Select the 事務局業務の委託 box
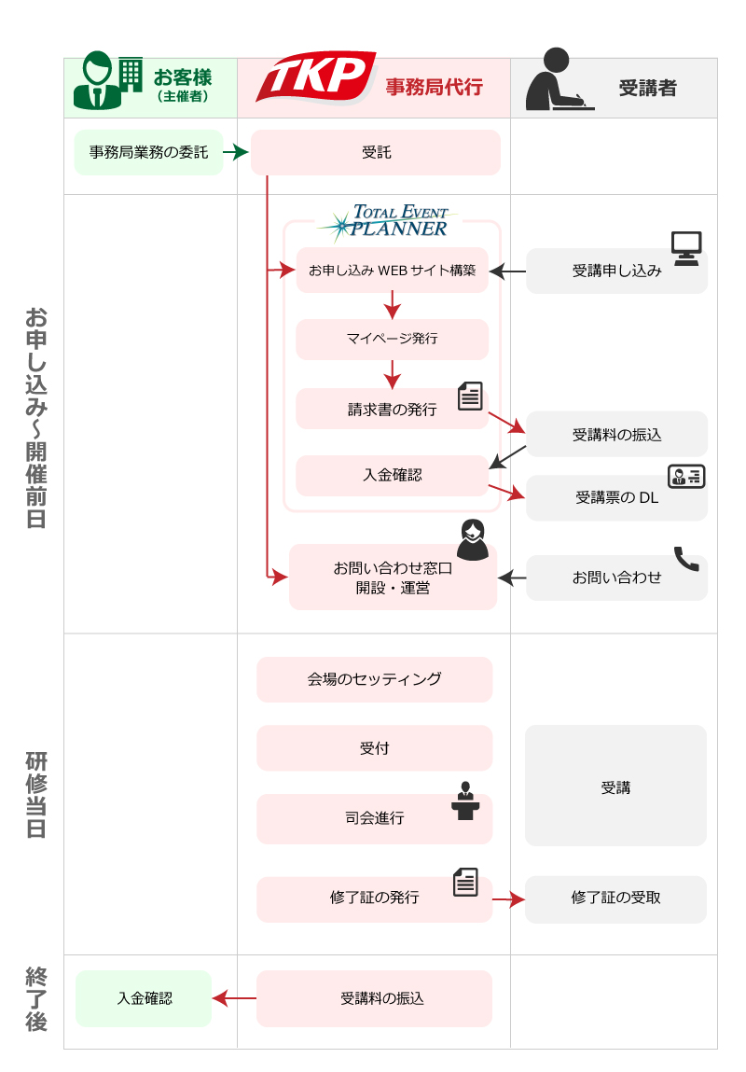[148, 152]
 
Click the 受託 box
[376, 152]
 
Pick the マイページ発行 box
[392, 339]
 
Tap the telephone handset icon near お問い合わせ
[685, 559]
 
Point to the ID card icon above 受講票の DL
[685, 477]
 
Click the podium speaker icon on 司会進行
[463, 802]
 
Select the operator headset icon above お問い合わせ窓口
[473, 539]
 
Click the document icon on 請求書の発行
[471, 397]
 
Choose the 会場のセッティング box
[374, 679]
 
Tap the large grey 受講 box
[615, 786]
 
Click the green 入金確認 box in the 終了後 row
[144, 998]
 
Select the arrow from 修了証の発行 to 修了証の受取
[508, 899]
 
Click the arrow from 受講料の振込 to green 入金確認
[234, 998]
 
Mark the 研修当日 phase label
[35, 792]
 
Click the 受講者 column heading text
[647, 89]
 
